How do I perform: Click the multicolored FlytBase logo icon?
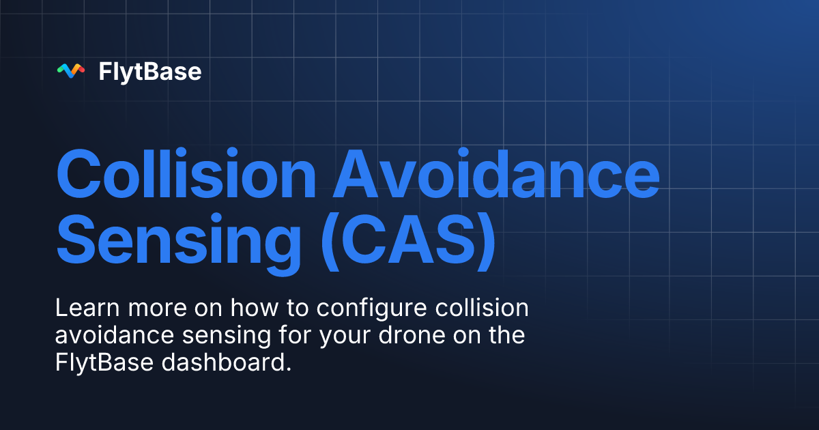click(70, 71)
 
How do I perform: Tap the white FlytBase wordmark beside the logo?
click(150, 71)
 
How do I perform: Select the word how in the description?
click(250, 309)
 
